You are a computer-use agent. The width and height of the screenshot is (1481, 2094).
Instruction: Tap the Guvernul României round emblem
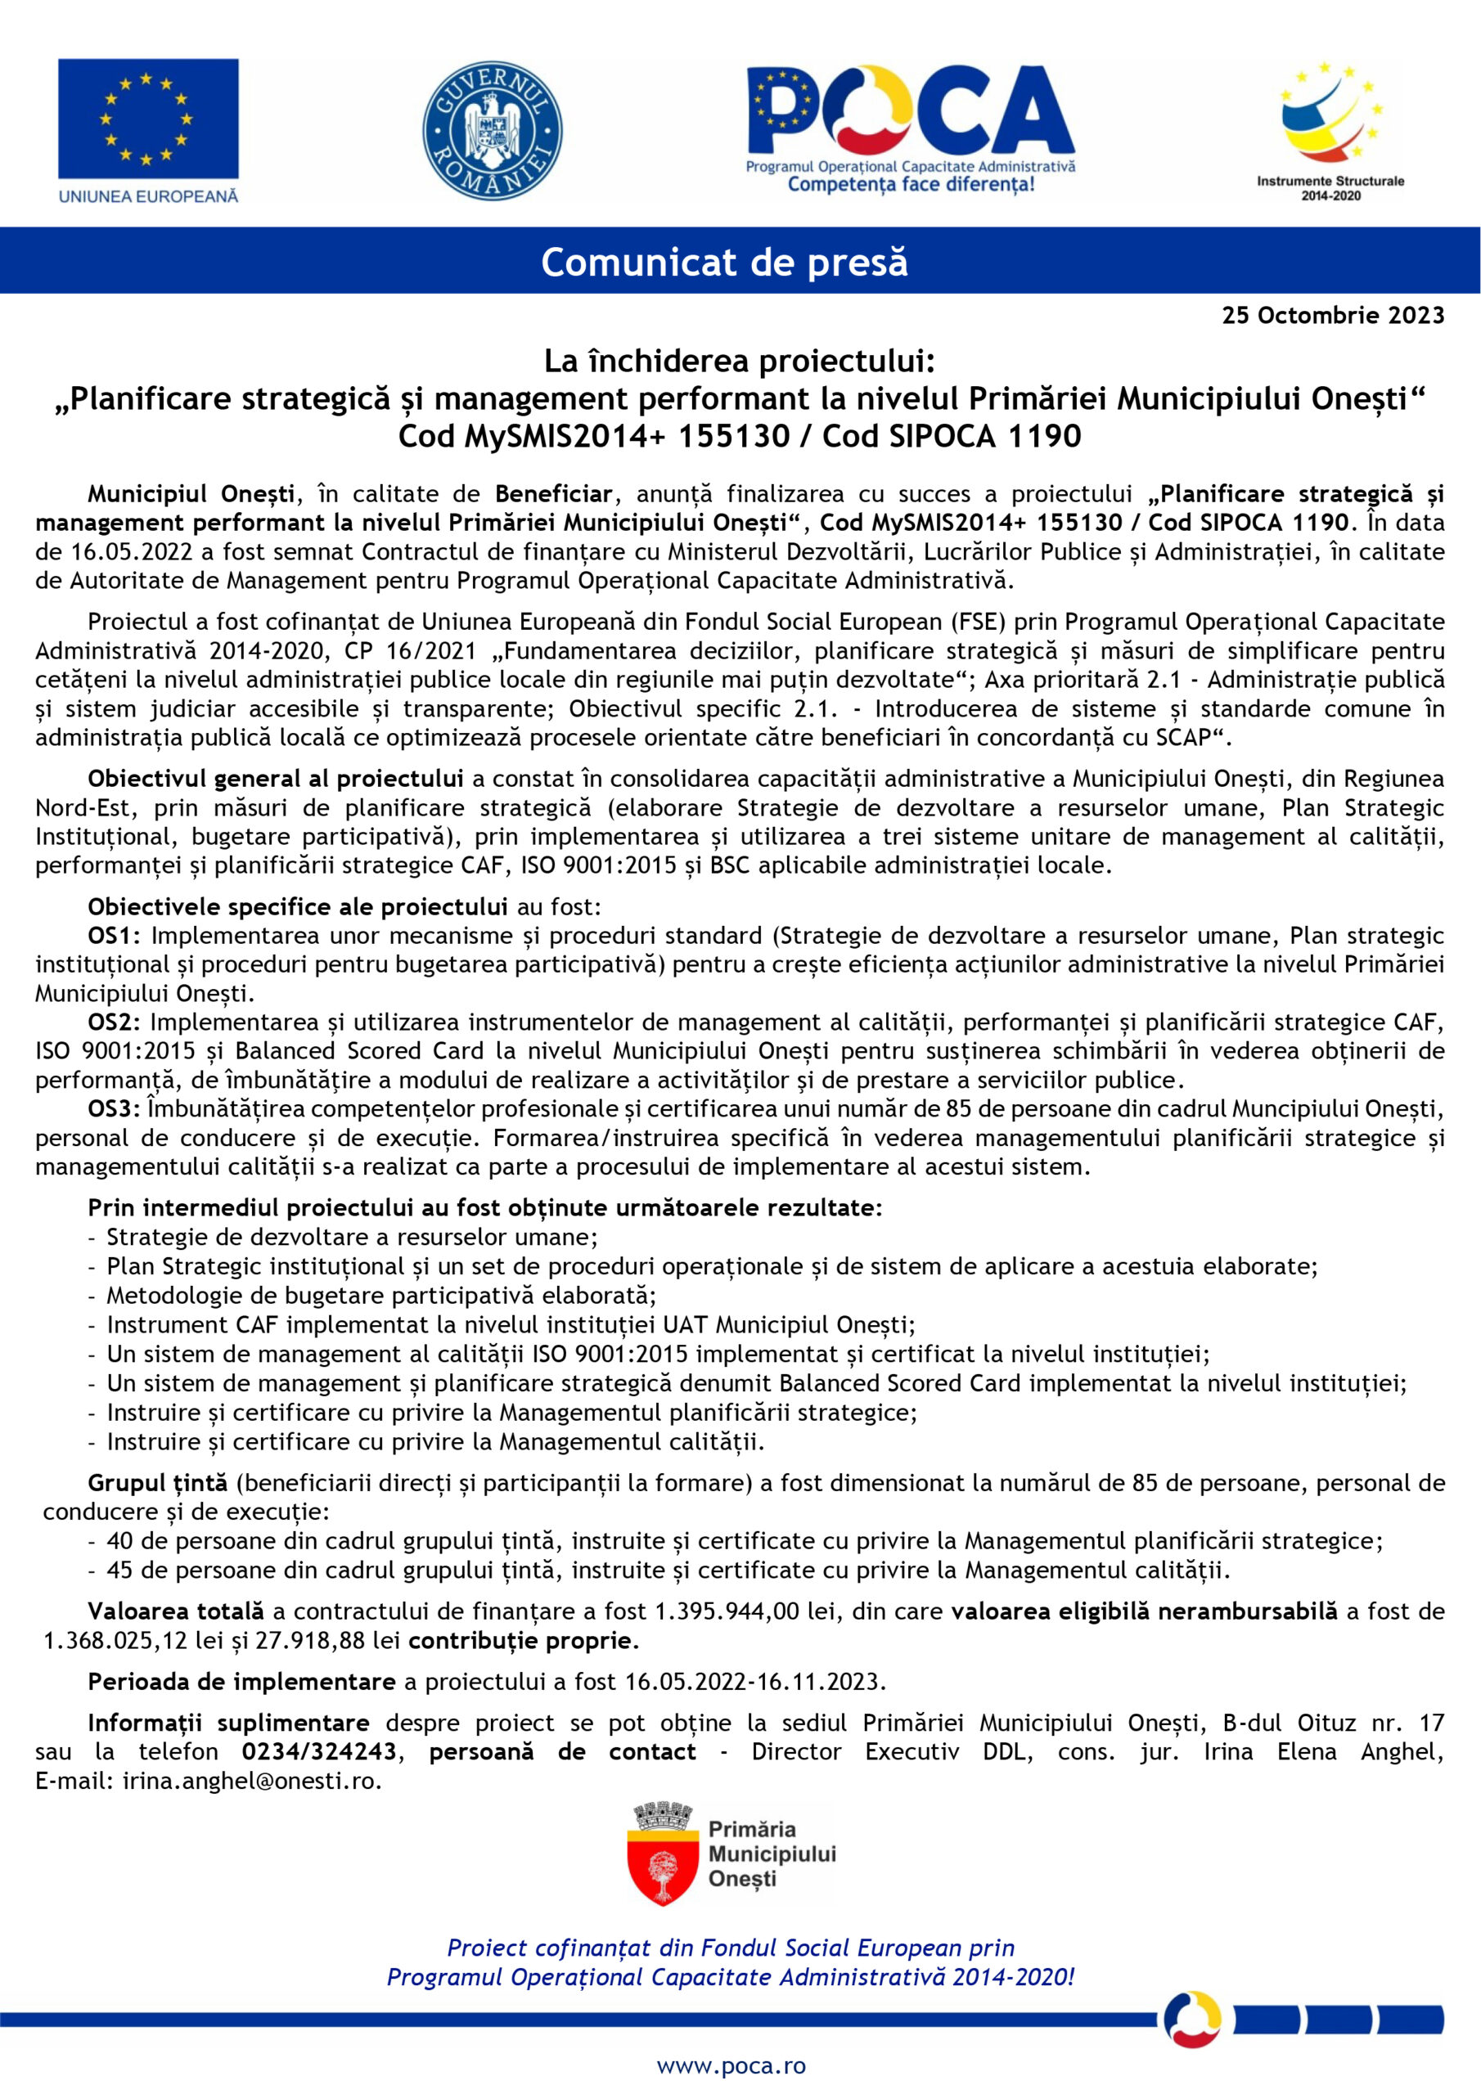point(492,130)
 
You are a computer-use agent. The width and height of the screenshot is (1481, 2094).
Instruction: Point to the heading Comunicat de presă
point(723,262)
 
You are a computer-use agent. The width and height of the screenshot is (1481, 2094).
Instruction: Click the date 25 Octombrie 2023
point(1333,316)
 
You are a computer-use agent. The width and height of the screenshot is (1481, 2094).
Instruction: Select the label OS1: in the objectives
point(115,936)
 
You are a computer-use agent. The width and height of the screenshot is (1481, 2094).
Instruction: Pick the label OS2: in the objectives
point(115,1022)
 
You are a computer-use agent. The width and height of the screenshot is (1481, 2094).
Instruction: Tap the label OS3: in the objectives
point(115,1109)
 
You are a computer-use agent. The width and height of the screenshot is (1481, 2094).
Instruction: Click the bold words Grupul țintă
point(157,1483)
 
